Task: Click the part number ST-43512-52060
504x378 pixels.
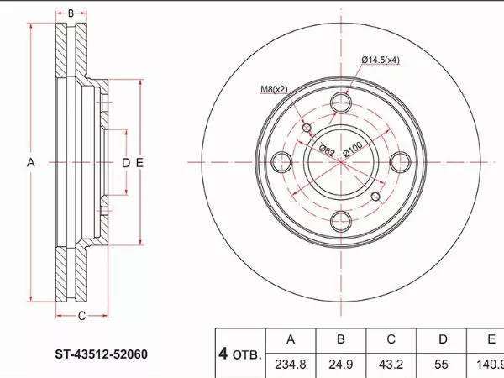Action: click(102, 354)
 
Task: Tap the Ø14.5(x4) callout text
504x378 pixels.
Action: click(381, 60)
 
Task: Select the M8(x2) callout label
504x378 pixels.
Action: click(274, 89)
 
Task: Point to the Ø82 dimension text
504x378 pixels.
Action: click(327, 150)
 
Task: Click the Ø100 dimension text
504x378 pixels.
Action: click(353, 149)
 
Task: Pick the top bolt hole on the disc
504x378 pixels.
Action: click(341, 102)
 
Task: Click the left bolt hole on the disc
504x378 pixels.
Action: click(282, 161)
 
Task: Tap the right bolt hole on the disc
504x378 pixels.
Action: click(400, 161)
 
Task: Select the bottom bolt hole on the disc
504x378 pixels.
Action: click(341, 221)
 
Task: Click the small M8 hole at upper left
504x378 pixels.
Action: click(307, 128)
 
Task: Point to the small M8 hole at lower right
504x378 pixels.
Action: click(375, 197)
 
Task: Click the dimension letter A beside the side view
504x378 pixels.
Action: click(30, 163)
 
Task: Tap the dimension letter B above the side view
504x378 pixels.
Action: click(71, 13)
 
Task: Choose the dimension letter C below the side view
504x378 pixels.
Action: click(82, 316)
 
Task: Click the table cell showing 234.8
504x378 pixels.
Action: click(291, 365)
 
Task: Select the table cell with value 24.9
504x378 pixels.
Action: click(341, 365)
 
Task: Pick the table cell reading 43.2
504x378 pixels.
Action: click(391, 365)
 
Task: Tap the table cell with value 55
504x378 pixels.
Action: click(441, 365)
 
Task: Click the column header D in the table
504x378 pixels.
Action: click(443, 339)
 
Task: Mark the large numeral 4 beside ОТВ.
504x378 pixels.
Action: click(223, 354)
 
